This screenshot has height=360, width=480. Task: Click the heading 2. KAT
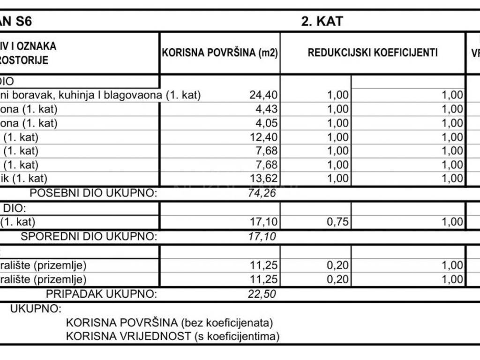[322, 21]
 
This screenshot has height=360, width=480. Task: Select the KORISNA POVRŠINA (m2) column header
[220, 52]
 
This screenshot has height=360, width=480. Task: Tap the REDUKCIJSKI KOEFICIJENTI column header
[373, 52]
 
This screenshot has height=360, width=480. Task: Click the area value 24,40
[264, 95]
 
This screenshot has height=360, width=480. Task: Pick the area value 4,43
[267, 109]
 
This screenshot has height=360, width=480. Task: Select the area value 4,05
[267, 123]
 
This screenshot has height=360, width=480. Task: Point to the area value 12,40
[264, 137]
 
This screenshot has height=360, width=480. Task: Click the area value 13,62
[264, 178]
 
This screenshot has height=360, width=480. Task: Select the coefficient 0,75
[337, 222]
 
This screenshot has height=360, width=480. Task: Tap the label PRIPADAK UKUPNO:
[101, 294]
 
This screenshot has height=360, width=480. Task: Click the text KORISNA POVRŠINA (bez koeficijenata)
[169, 322]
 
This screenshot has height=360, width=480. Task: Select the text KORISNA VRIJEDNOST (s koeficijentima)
[172, 336]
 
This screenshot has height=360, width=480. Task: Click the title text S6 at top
[23, 21]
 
